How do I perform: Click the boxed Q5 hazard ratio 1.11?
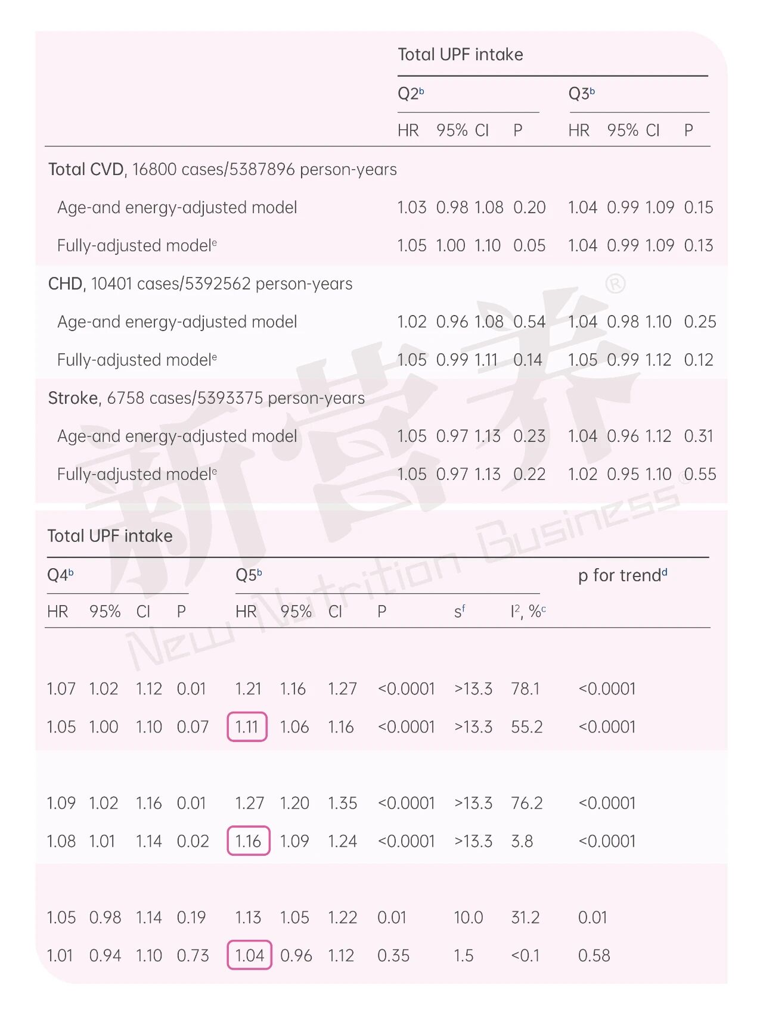click(x=247, y=727)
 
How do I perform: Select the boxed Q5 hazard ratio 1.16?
click(x=248, y=841)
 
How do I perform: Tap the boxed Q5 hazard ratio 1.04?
click(x=249, y=955)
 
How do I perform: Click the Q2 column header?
click(x=410, y=94)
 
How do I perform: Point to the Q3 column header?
click(x=581, y=94)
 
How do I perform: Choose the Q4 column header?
click(x=60, y=575)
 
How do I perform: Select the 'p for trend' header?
click(x=622, y=575)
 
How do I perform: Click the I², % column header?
click(x=528, y=612)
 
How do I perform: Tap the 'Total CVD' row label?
click(x=86, y=170)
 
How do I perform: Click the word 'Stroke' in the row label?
click(x=73, y=398)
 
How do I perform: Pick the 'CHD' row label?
click(x=66, y=283)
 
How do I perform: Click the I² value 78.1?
click(x=525, y=688)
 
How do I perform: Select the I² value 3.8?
click(x=522, y=841)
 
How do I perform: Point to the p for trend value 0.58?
click(x=594, y=955)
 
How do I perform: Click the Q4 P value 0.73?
click(x=193, y=955)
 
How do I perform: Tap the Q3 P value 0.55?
click(x=700, y=474)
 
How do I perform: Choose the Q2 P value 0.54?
click(x=529, y=322)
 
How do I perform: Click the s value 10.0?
click(x=468, y=917)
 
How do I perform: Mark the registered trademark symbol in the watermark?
click(x=615, y=283)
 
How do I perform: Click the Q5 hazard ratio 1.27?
click(x=249, y=803)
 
